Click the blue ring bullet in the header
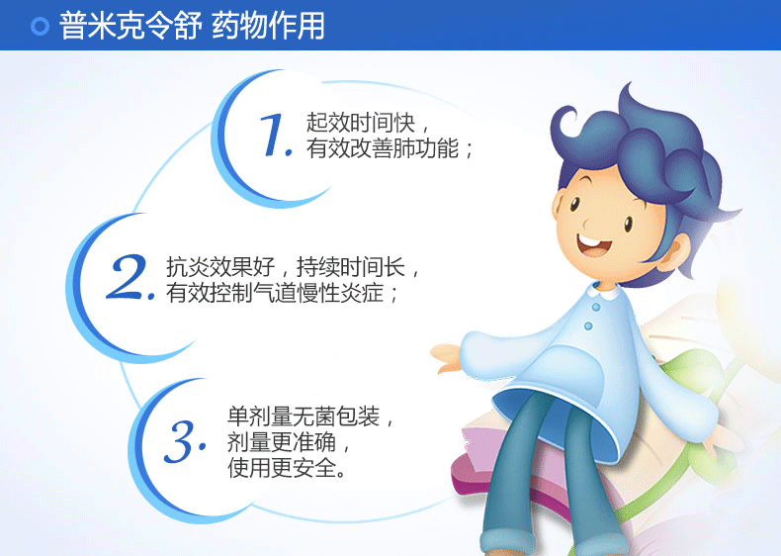coord(40,26)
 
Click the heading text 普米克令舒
coord(130,26)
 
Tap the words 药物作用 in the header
coord(269,26)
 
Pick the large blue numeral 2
coord(130,277)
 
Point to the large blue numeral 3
coord(184,441)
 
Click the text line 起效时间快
coord(360,123)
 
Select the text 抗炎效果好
coord(220,267)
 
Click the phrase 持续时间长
coord(351,267)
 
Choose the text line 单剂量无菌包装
coord(304,416)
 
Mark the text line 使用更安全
coord(282,467)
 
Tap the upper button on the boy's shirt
coord(596,307)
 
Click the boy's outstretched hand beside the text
coord(447,357)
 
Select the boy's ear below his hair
coord(676,252)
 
